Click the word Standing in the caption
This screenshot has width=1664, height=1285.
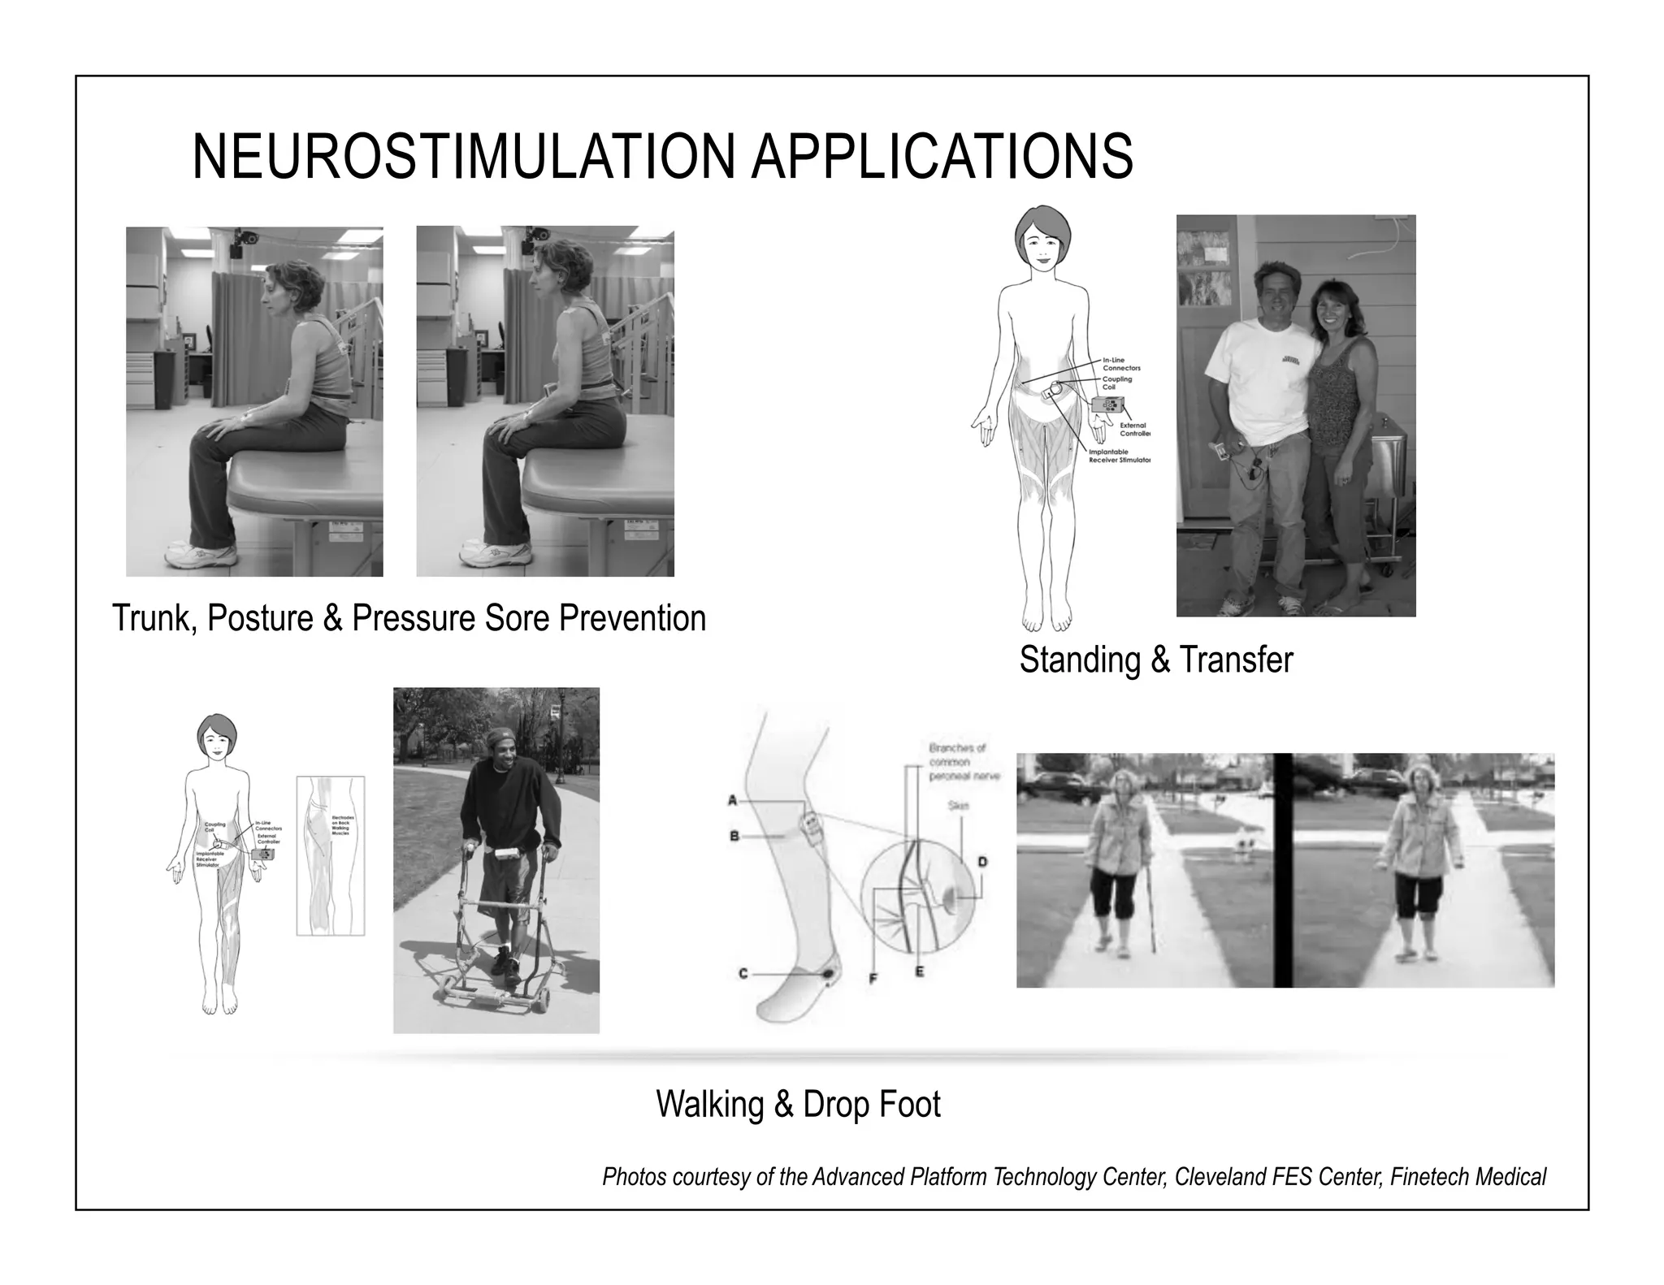pos(1080,660)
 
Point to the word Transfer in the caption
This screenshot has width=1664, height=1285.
pos(1236,660)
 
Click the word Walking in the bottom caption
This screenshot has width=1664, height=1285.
pos(709,1105)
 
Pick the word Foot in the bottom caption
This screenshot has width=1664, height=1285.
pos(912,1105)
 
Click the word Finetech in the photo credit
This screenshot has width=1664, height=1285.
pos(1424,1177)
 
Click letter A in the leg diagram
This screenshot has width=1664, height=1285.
pos(732,801)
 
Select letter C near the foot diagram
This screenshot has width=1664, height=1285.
pos(743,973)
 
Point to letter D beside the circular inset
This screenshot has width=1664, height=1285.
pos(981,861)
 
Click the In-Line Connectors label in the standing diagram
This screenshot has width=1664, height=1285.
pos(1120,364)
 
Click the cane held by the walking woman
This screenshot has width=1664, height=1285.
pos(1150,922)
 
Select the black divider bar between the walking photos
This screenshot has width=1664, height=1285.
pos(1283,870)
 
